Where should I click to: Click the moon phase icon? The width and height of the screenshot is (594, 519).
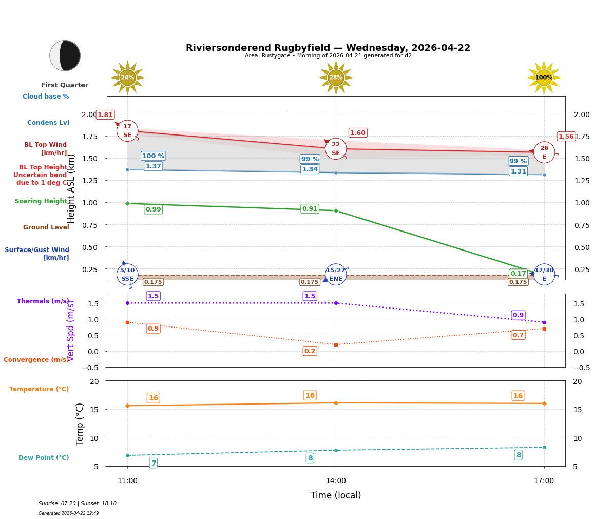65,55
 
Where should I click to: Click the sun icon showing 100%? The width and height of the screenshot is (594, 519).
544,78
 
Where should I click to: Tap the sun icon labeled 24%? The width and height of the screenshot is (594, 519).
127,78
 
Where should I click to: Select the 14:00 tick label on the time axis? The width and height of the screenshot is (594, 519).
336,481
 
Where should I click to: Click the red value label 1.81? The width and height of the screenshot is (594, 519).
105,115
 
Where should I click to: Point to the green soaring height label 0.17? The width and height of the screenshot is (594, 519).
518,274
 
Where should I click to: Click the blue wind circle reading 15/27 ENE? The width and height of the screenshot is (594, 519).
336,275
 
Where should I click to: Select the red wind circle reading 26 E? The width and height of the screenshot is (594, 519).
544,152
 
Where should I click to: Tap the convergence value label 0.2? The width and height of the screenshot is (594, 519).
310,351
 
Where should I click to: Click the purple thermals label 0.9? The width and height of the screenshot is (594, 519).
518,315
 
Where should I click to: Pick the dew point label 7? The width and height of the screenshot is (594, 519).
153,463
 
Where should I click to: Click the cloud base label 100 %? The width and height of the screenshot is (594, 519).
153,156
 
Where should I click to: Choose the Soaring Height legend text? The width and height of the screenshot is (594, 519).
41,201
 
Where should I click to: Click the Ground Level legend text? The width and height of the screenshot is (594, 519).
46,227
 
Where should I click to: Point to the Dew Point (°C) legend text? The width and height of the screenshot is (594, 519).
44,458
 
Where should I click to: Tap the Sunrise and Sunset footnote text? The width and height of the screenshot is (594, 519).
78,504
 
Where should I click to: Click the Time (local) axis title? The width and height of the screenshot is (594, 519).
336,495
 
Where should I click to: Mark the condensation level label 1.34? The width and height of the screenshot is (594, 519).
310,169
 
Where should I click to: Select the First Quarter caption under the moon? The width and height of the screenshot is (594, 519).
65,85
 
